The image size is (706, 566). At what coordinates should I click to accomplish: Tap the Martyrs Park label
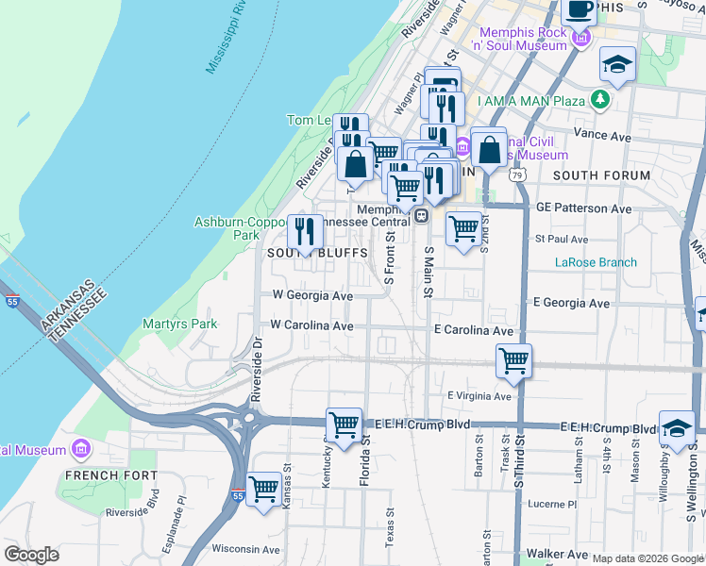coord(179,324)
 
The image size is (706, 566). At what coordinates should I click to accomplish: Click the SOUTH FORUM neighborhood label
coord(601,175)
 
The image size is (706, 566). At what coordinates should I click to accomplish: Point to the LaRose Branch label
coord(596,262)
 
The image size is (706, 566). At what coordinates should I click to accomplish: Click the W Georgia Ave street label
coord(312,295)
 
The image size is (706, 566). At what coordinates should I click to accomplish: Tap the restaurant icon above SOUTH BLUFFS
coord(305,231)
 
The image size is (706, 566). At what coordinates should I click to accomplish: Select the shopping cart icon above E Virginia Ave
coord(513,360)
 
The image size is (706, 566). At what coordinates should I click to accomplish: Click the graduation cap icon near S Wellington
coord(677,427)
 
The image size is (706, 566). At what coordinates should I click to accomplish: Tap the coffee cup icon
coord(580,9)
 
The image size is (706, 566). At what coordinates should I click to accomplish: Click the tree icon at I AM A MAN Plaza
coord(598,99)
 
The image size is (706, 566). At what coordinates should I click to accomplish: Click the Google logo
coord(31,555)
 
